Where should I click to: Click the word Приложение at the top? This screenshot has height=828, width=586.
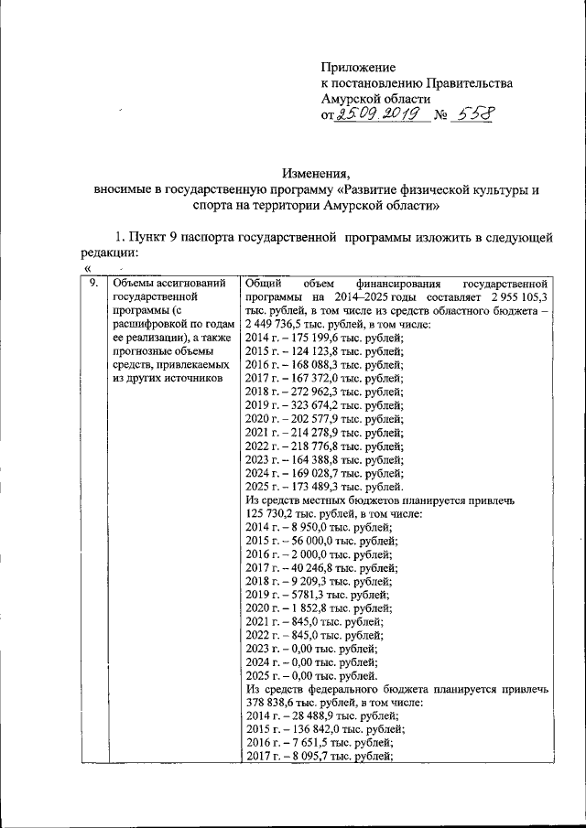pos(358,68)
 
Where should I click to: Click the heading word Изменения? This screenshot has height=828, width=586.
pos(316,175)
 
